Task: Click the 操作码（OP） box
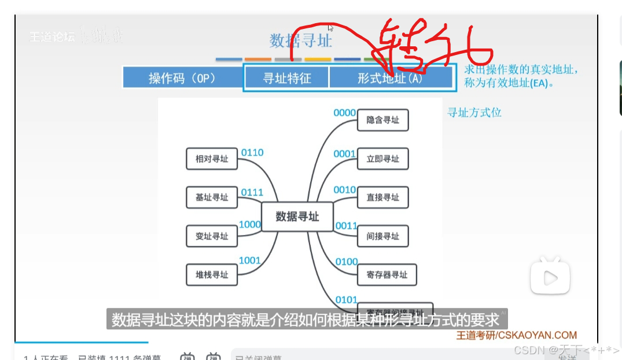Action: (182, 78)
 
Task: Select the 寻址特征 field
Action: (287, 78)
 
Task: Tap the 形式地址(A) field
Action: (391, 78)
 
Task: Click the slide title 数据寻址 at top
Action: (300, 41)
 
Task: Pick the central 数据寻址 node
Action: (297, 216)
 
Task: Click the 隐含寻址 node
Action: (383, 120)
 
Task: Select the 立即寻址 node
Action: (383, 159)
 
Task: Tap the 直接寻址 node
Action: (383, 197)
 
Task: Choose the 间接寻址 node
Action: (383, 236)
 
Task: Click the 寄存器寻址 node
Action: (387, 274)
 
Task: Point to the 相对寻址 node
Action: (212, 159)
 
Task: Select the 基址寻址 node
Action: (212, 197)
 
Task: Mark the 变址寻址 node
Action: (212, 236)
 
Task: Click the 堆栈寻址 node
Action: (212, 274)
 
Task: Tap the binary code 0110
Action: (252, 152)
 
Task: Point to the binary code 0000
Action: (344, 113)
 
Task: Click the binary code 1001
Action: (250, 260)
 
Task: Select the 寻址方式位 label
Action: (474, 113)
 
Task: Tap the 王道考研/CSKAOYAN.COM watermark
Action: (516, 335)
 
